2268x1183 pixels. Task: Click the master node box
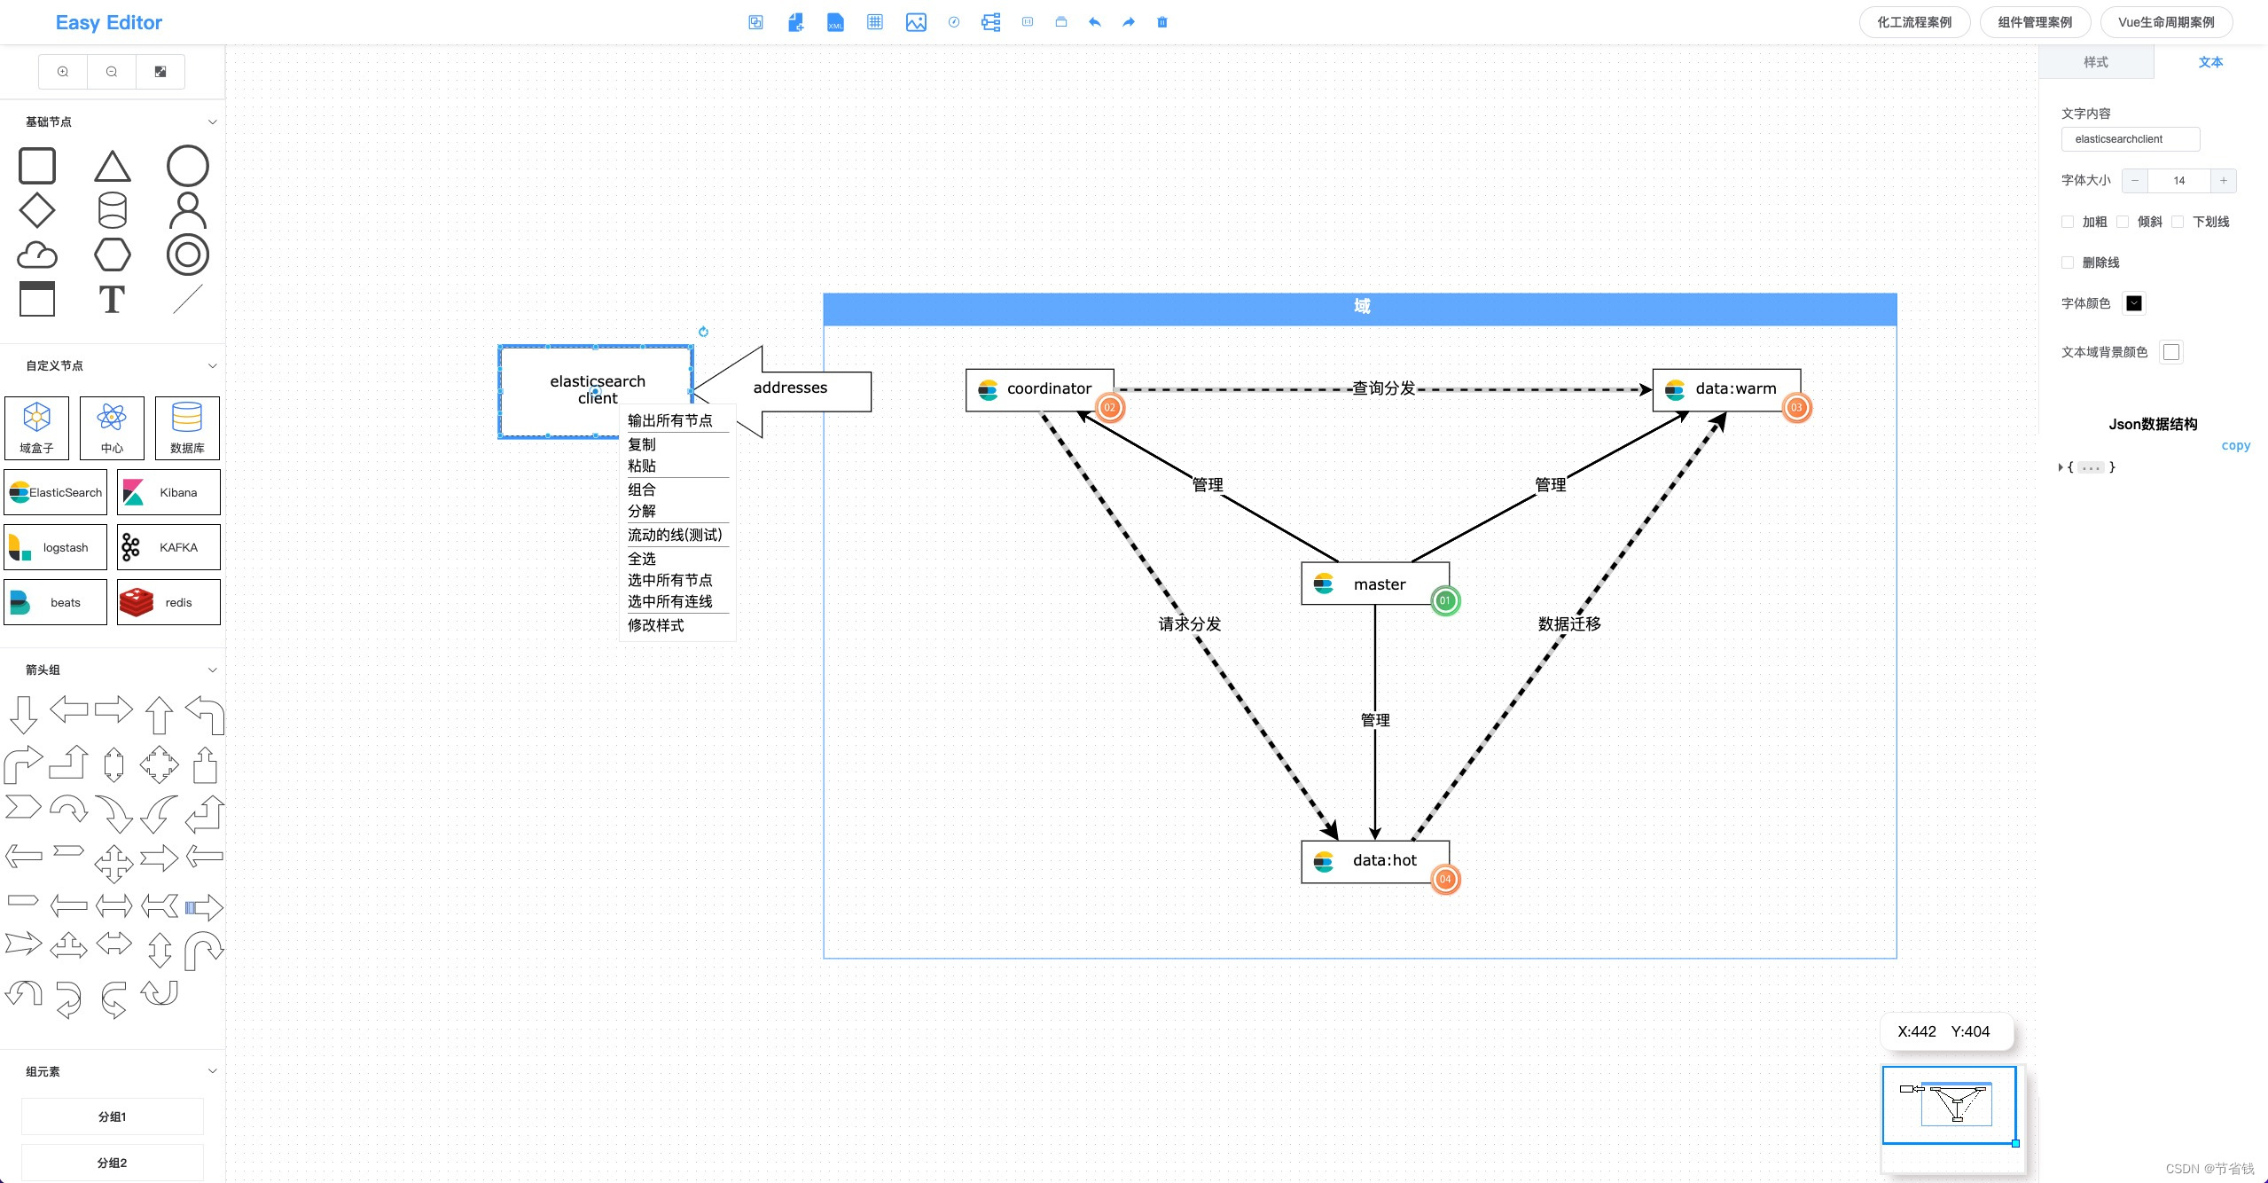coord(1374,584)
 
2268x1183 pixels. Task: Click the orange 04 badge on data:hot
coord(1444,879)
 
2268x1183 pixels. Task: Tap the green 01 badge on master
coord(1444,600)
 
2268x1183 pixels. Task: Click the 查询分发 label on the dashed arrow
coord(1382,388)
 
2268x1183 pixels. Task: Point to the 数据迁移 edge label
coord(1568,623)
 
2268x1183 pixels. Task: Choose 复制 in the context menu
coord(642,444)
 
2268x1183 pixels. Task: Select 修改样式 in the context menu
coord(655,625)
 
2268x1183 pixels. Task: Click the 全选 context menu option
coord(642,559)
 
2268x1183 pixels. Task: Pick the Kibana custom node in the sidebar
coord(168,492)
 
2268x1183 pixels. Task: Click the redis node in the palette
coord(168,602)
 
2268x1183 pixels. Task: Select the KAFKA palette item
coord(168,547)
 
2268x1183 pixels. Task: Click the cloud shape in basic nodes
coord(37,255)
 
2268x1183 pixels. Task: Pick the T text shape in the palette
coord(112,300)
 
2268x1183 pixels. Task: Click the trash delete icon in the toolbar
coord(1161,22)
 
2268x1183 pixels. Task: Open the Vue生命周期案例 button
coord(2165,22)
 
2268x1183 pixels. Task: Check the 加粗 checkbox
coord(2068,222)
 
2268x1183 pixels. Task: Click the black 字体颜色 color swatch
coord(2134,303)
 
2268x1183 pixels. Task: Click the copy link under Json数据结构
coord(2234,446)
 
